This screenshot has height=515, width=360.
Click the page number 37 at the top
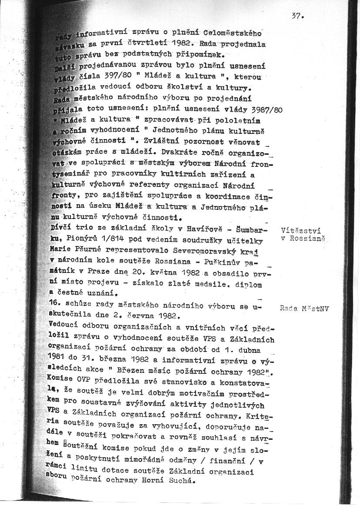(297, 17)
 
